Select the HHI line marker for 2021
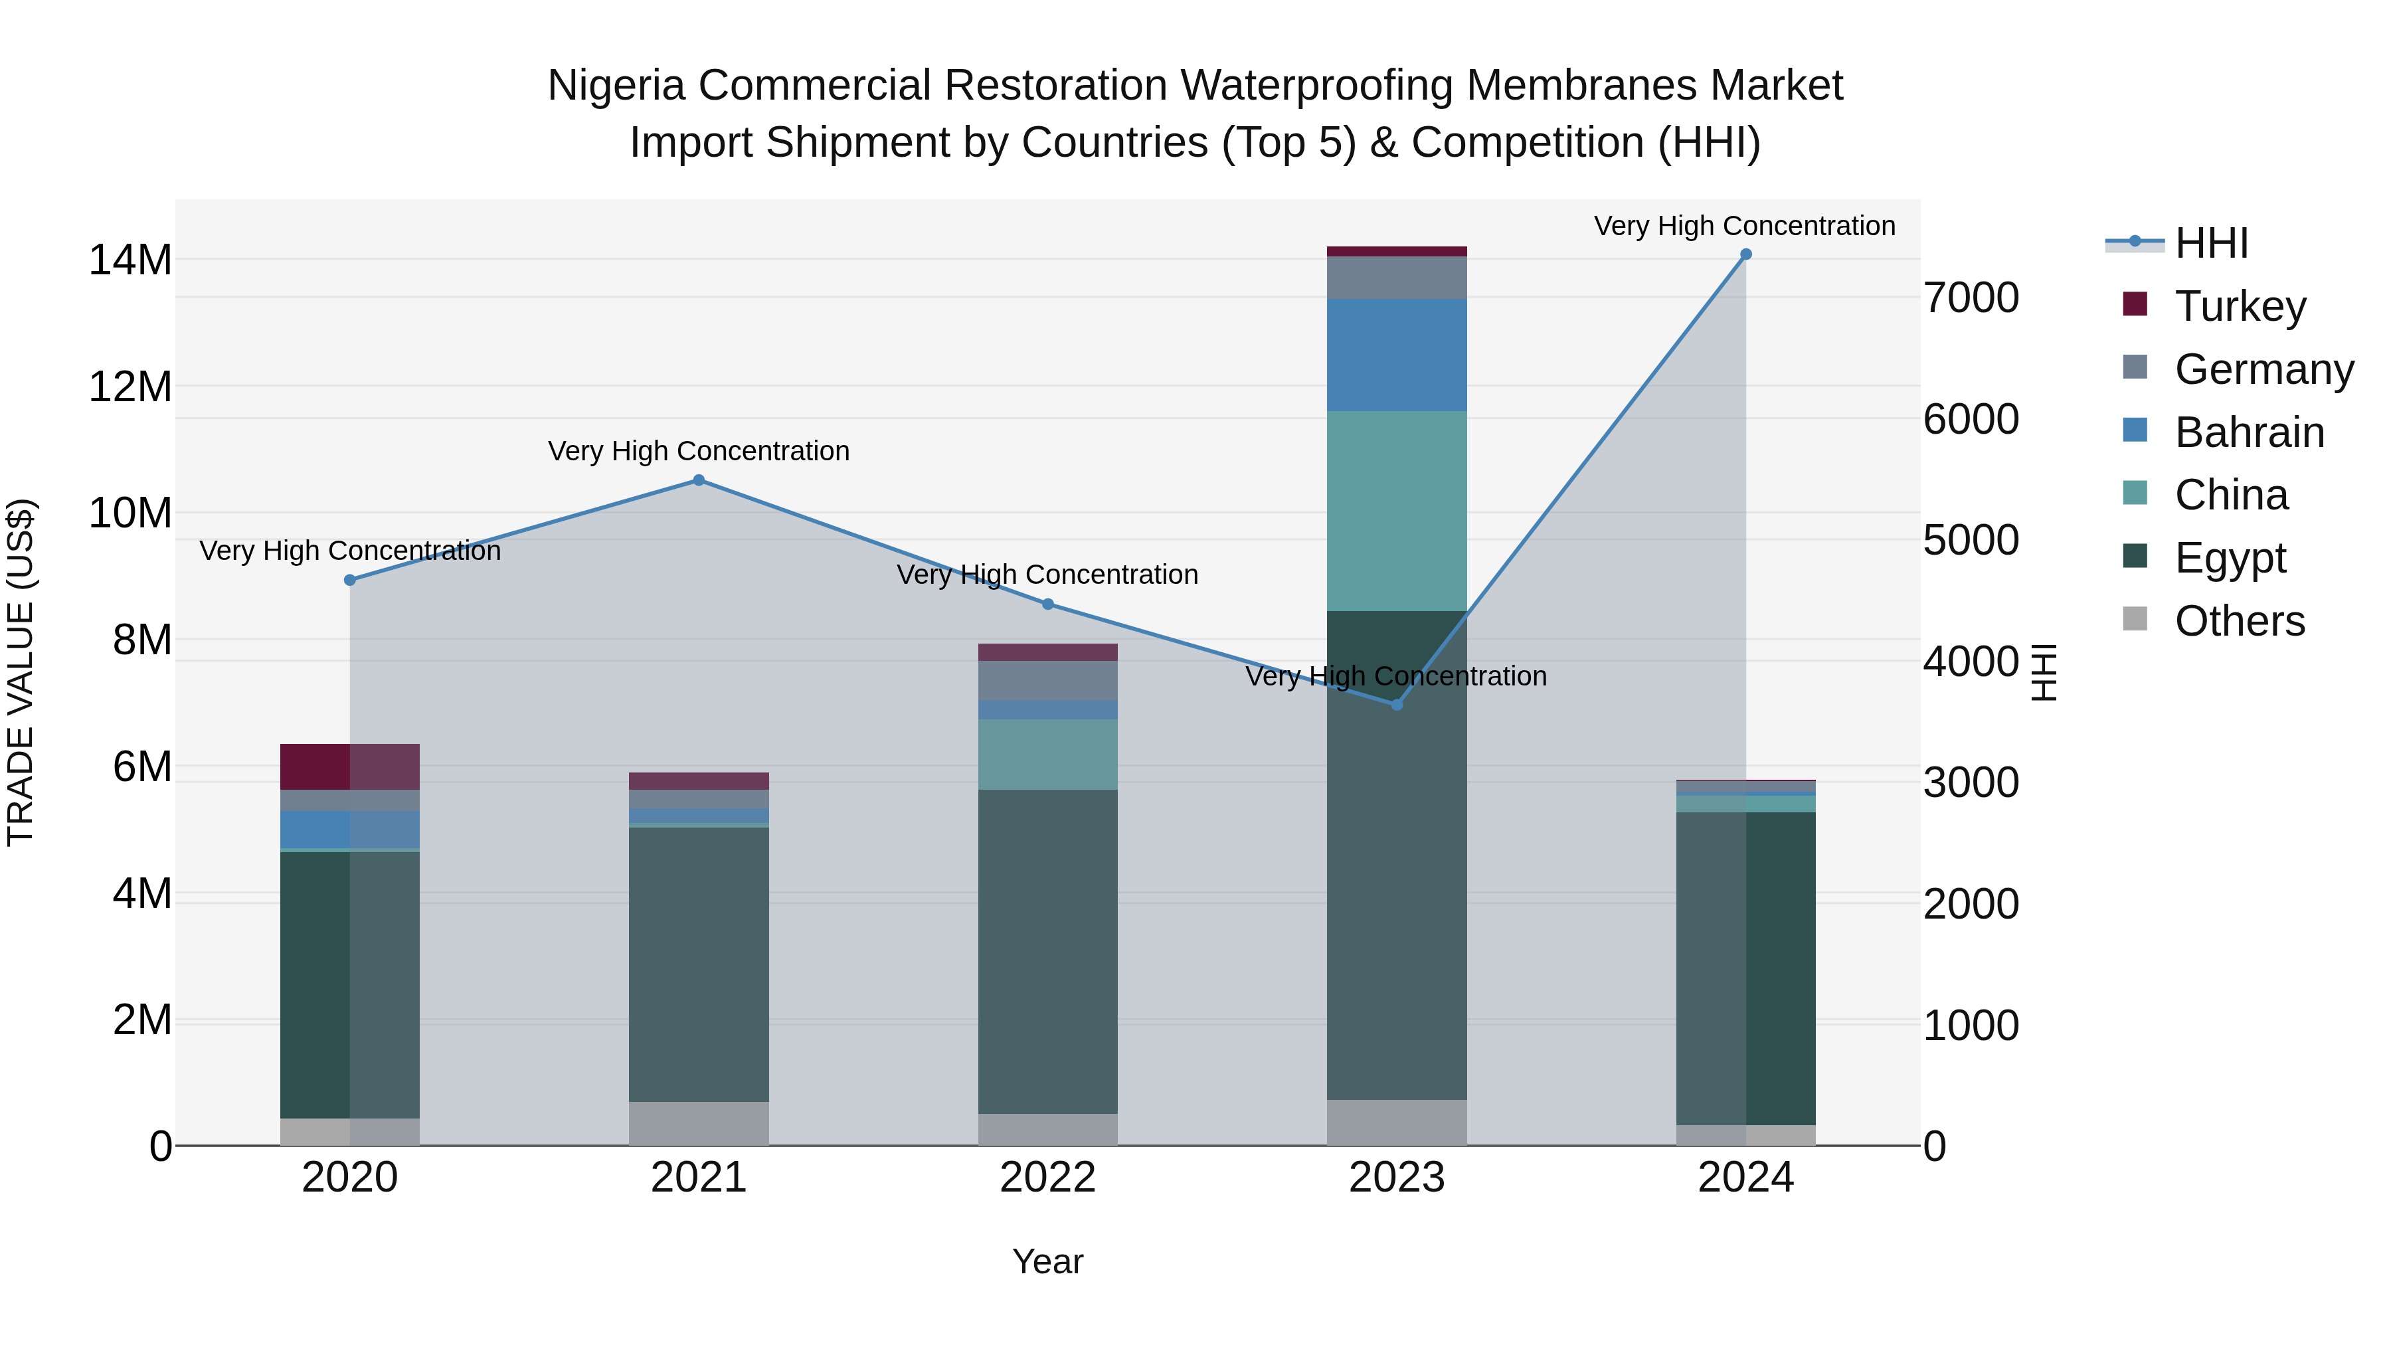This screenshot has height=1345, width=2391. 699,480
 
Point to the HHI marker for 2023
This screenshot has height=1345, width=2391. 1396,705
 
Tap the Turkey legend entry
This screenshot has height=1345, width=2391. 2239,306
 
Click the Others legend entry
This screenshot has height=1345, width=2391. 2239,621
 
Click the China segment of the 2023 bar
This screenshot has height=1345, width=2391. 1396,511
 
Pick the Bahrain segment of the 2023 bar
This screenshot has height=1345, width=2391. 1396,355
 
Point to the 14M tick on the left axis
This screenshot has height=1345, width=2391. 130,260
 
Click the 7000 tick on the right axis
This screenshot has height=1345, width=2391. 1971,298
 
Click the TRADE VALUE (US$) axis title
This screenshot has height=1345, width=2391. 21,672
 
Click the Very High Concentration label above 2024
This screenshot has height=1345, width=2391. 1744,226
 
